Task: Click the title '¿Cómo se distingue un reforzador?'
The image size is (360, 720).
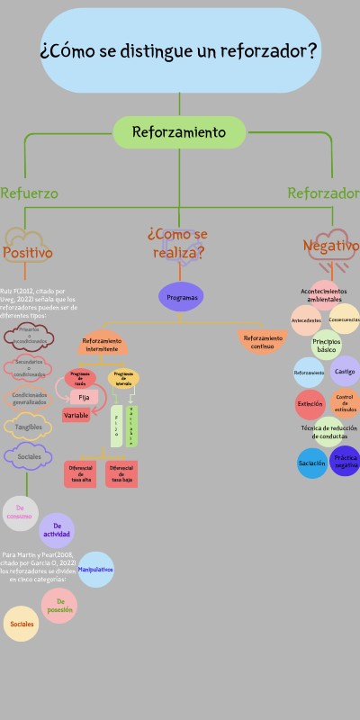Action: coord(179,50)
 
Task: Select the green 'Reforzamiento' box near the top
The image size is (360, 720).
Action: coord(179,132)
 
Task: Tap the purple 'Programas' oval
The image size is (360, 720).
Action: coord(181,297)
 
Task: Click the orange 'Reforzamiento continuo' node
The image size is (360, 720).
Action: coord(262,342)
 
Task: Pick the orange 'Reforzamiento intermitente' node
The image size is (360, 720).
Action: coord(102,344)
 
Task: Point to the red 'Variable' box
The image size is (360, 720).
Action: coord(76,415)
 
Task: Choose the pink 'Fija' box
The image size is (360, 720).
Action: coord(84,397)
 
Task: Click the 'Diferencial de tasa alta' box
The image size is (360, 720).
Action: coord(80,472)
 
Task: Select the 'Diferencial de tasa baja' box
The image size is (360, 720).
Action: coord(122,472)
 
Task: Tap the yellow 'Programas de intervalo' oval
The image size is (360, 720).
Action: coord(124,378)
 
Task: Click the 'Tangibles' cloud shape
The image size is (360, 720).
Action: coord(28,427)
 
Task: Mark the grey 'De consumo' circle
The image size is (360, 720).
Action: coord(20,513)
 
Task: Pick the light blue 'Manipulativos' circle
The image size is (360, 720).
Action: coord(95,570)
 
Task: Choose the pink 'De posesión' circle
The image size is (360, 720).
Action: coord(58,606)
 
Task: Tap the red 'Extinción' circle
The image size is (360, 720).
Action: coord(310,404)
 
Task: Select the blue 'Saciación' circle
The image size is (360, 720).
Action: coord(312,463)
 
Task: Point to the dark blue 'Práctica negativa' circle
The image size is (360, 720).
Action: coord(346,462)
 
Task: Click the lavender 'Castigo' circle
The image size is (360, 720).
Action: coord(345,371)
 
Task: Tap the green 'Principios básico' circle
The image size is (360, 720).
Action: coord(327,345)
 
